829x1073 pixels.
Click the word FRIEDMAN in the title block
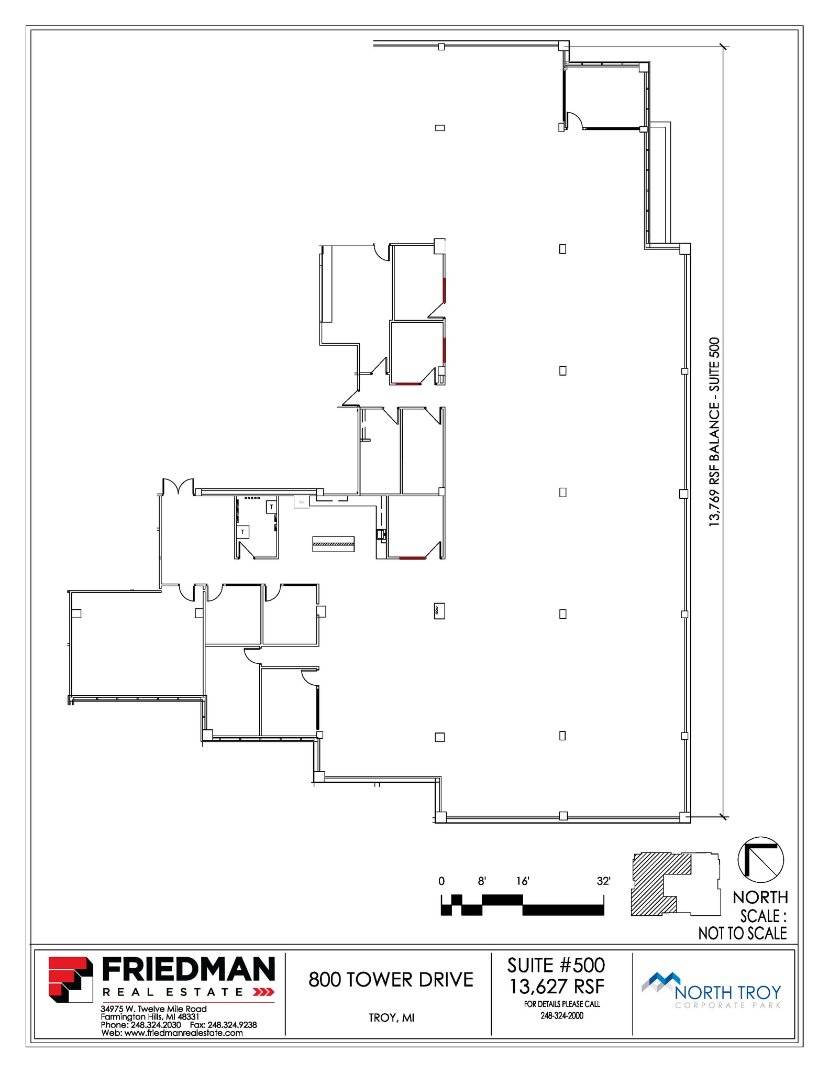click(x=189, y=969)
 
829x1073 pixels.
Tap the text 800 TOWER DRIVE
click(x=391, y=980)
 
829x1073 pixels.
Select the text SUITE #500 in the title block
click(x=556, y=966)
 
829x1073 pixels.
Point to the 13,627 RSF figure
click(x=557, y=987)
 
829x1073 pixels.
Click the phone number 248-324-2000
click(x=562, y=1015)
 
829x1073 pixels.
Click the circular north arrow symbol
click(x=760, y=860)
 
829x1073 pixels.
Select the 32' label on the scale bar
click(x=603, y=881)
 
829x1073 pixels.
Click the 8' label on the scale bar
click(x=482, y=881)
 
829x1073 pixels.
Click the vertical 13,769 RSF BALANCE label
click(x=714, y=432)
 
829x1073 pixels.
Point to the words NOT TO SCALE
click(x=743, y=933)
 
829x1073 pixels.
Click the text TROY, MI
click(x=391, y=1017)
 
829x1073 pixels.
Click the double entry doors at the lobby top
click(x=178, y=487)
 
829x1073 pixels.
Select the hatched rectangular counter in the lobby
click(x=333, y=544)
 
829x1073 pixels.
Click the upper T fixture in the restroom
click(x=271, y=507)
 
